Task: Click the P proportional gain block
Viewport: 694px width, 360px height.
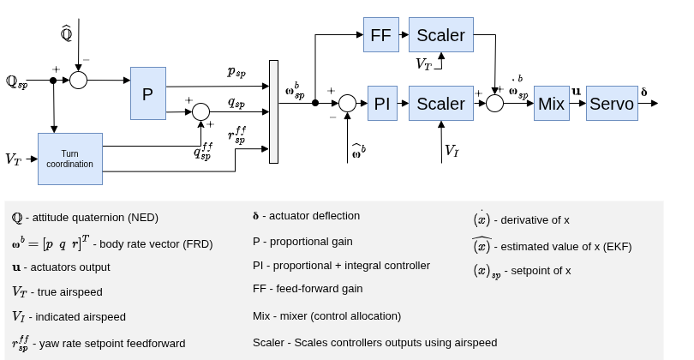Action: click(147, 93)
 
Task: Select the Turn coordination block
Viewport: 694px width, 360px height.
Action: click(69, 159)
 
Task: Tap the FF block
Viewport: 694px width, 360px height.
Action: click(380, 35)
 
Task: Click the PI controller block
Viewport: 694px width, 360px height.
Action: click(382, 104)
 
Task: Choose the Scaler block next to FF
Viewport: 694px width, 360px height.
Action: click(440, 35)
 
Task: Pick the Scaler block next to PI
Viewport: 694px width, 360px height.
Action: click(440, 104)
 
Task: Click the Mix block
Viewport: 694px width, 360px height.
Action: click(551, 104)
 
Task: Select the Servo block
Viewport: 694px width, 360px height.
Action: click(612, 104)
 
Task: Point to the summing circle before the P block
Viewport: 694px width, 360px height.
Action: click(78, 81)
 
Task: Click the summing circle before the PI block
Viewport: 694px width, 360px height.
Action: click(347, 103)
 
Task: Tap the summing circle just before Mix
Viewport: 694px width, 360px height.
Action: click(494, 103)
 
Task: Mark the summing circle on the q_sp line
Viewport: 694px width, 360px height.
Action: click(200, 111)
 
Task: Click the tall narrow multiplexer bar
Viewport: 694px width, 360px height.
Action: click(273, 111)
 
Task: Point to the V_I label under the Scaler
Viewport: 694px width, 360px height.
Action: click(452, 151)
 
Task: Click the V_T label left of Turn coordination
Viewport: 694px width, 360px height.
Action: click(13, 159)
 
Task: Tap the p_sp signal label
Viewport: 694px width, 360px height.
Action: click(236, 71)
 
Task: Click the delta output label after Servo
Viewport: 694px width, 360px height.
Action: click(644, 91)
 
